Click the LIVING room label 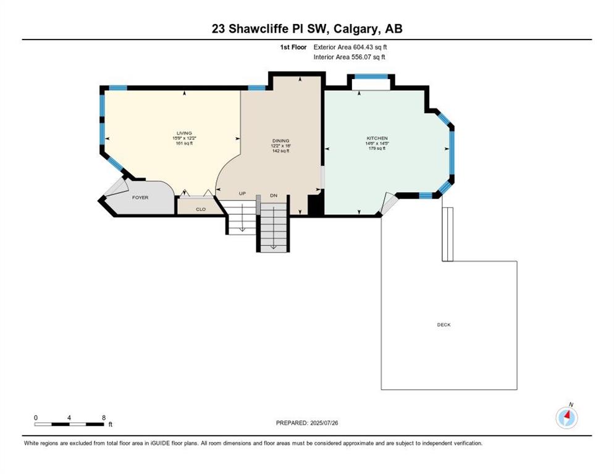click(x=184, y=133)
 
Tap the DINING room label click(x=281, y=141)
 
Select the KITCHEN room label click(x=377, y=138)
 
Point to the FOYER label click(x=140, y=197)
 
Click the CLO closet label click(x=201, y=209)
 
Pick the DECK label click(x=444, y=325)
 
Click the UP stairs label click(x=242, y=194)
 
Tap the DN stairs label click(x=273, y=195)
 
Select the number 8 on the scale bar click(x=104, y=418)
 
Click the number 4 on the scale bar click(x=69, y=418)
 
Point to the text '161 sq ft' click(x=184, y=143)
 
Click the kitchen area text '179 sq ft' click(x=377, y=148)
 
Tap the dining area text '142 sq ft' click(x=281, y=151)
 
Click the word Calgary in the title click(x=357, y=29)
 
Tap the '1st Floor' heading click(x=293, y=47)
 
